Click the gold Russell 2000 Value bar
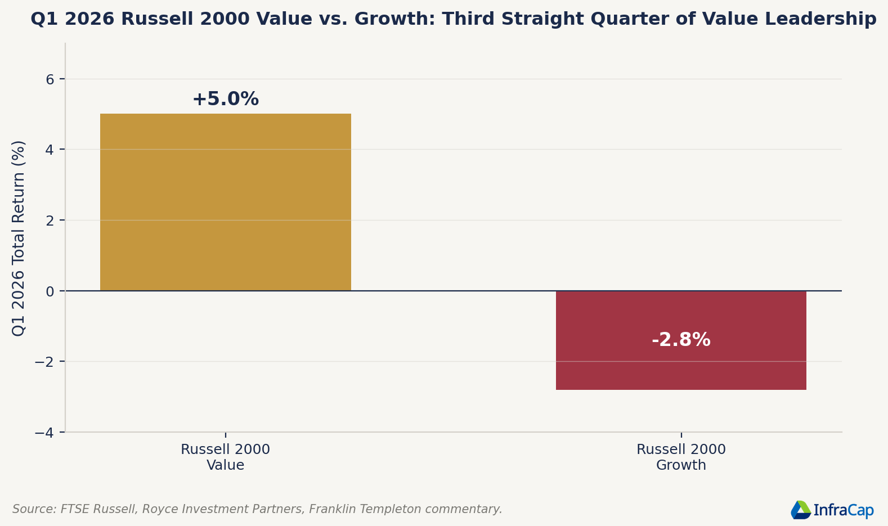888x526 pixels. coord(226,202)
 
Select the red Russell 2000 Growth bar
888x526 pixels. coord(681,340)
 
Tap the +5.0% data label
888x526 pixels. coord(226,98)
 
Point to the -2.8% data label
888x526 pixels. coord(681,340)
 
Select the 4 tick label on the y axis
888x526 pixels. coord(50,150)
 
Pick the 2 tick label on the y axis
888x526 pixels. coord(50,221)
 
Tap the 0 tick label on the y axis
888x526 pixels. coord(50,291)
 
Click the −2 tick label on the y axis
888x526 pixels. coord(44,362)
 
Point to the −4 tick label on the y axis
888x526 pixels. coord(44,433)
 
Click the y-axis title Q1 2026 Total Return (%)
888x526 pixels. coord(18,239)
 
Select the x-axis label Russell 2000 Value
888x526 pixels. coord(226,457)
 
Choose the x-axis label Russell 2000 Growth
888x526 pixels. coord(681,457)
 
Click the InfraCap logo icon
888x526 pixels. coord(801,510)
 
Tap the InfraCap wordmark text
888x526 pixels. coord(844,510)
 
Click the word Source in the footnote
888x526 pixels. coord(35,509)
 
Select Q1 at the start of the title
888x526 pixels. coord(41,19)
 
